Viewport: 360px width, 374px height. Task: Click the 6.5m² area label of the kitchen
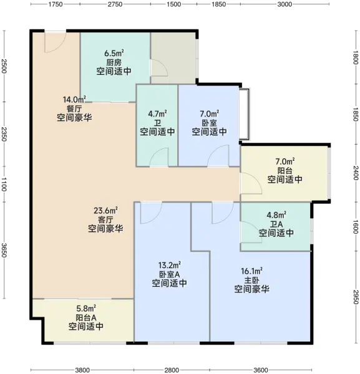click(x=114, y=53)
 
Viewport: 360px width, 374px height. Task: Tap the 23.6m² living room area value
click(x=105, y=211)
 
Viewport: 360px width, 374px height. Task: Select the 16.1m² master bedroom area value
click(x=252, y=271)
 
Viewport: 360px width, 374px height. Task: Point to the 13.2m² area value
click(x=170, y=266)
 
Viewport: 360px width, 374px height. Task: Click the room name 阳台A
click(x=86, y=317)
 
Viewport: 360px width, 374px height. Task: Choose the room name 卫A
click(x=276, y=224)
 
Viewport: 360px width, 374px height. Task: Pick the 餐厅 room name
click(x=74, y=108)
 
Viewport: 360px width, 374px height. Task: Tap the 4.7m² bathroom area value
click(x=158, y=114)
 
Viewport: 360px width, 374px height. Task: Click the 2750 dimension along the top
click(x=115, y=4)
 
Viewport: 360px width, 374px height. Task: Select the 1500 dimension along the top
click(x=173, y=4)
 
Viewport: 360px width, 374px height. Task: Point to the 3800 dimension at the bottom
click(x=82, y=370)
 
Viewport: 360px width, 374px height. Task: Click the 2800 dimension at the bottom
click(x=172, y=370)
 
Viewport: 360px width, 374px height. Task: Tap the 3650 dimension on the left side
click(x=4, y=250)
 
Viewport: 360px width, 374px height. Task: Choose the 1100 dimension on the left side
click(x=4, y=184)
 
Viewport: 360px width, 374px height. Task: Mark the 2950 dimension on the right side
click(x=356, y=297)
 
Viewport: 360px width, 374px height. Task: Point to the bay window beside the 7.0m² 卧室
click(x=245, y=114)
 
